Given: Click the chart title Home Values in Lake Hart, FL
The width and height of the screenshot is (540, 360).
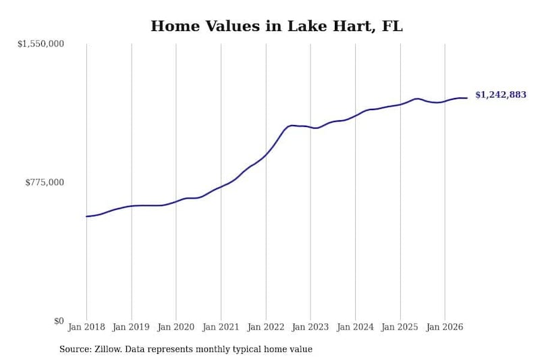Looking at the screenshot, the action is pos(277,26).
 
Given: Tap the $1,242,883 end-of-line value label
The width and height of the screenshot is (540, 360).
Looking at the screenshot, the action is pos(501,95).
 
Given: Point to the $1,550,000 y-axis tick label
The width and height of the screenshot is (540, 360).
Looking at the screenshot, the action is pos(40,44).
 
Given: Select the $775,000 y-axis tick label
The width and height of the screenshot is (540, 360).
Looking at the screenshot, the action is pos(45,182).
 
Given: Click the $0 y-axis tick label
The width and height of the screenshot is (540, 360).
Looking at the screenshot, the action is pos(59,321).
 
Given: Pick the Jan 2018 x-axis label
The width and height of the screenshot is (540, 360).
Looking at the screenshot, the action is pos(86,327).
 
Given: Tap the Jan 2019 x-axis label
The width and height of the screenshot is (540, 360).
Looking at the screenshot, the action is pos(131,327).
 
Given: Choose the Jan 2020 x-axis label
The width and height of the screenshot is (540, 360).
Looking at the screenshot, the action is pos(176,327).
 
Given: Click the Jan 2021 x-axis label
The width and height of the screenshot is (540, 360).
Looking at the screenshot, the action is pos(221,327).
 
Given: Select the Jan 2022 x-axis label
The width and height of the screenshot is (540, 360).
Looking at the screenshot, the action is pos(266,327).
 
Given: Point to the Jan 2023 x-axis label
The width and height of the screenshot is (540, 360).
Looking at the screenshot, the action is pos(310,327).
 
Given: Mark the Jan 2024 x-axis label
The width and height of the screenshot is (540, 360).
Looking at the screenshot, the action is pos(355,327).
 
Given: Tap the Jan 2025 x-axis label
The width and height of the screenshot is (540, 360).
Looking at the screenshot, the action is pos(400,327).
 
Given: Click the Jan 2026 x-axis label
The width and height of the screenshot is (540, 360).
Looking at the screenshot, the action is pos(445,327).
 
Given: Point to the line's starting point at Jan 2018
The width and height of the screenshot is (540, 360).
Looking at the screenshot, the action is pos(86,216).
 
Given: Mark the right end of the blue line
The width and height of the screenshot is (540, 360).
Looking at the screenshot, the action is pos(467,98).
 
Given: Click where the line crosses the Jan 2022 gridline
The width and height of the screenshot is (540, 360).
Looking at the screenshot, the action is pos(266,155).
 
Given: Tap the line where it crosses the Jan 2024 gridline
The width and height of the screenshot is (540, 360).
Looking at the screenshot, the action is pos(356,115).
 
